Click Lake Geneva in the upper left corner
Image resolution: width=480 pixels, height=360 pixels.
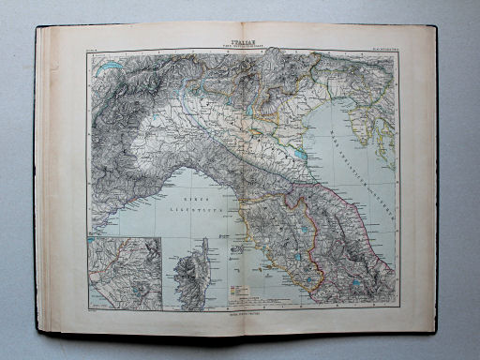[x=112, y=67]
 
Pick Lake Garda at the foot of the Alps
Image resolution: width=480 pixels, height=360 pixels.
[x=214, y=103]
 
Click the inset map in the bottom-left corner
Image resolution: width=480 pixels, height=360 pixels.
[x=125, y=274]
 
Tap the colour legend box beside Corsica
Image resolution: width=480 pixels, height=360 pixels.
[x=240, y=292]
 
